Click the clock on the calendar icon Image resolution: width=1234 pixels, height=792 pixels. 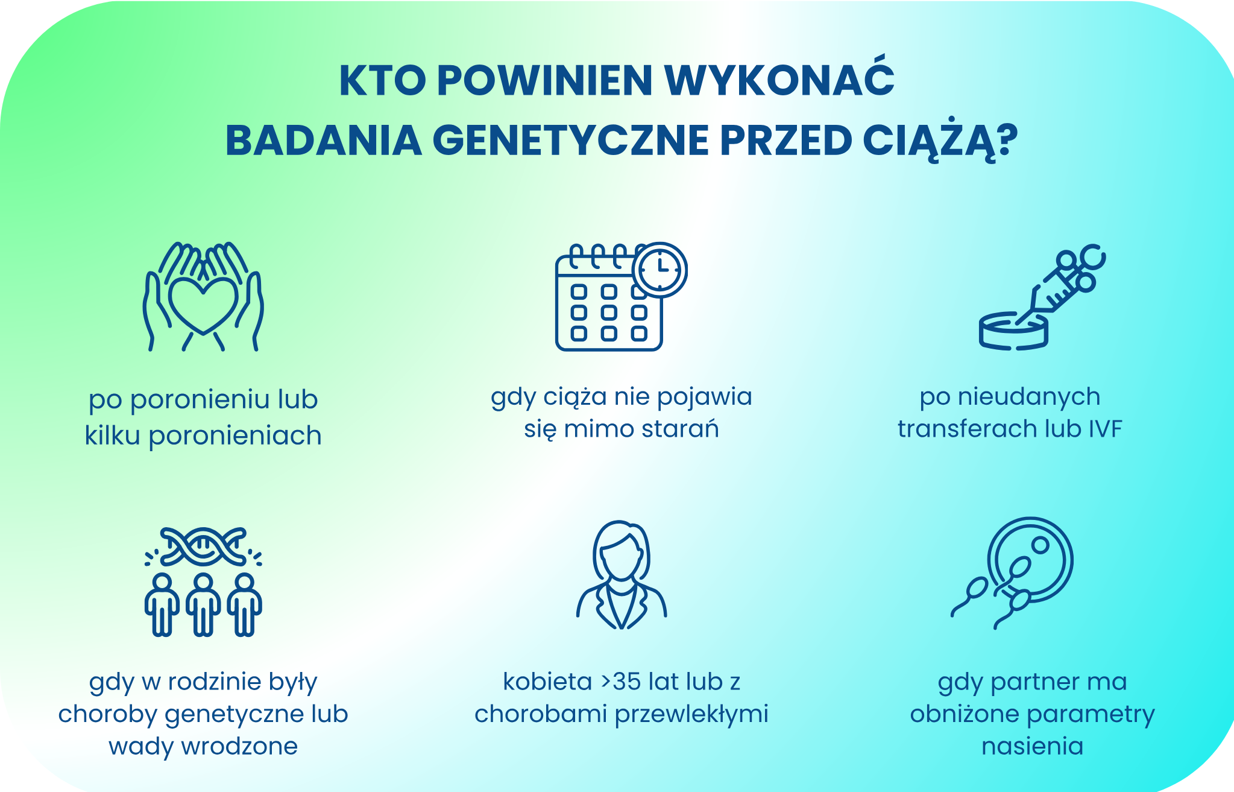[x=661, y=269]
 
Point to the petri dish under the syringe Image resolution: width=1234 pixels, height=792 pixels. [x=1013, y=332]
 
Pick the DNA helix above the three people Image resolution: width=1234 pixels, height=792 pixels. [x=203, y=546]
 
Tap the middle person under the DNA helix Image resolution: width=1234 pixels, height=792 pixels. [x=203, y=604]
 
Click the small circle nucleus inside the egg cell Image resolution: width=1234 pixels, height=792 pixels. [x=1040, y=546]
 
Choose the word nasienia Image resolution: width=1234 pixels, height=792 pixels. [x=1032, y=746]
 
